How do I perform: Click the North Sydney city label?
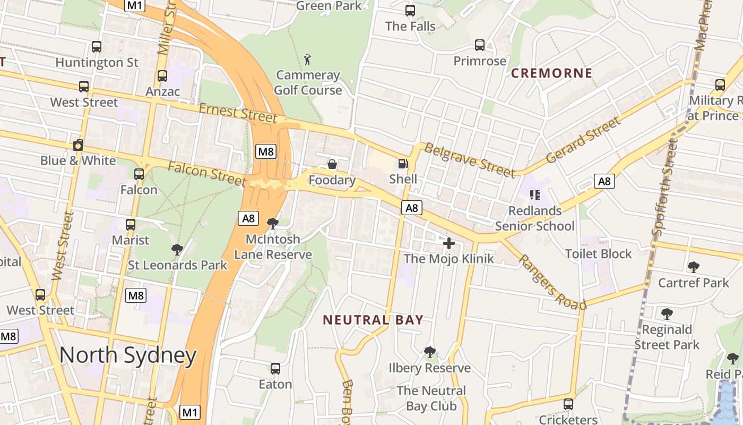click(x=127, y=355)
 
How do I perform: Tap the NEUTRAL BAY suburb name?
click(x=373, y=320)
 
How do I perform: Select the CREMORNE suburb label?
click(x=551, y=73)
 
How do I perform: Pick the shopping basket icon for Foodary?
click(x=332, y=164)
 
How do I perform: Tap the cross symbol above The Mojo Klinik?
click(x=449, y=243)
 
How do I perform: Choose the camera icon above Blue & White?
click(x=78, y=145)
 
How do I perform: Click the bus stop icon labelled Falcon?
click(x=139, y=174)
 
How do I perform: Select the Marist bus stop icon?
click(x=131, y=225)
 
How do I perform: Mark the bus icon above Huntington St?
click(x=96, y=46)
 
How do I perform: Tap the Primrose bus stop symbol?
click(x=480, y=45)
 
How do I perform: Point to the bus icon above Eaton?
click(x=275, y=368)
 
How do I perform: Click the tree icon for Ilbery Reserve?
click(x=430, y=352)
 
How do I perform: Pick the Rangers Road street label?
click(x=552, y=282)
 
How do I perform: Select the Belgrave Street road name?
click(x=470, y=160)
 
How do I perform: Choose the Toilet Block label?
click(x=598, y=253)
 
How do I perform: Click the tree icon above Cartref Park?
click(x=693, y=267)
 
